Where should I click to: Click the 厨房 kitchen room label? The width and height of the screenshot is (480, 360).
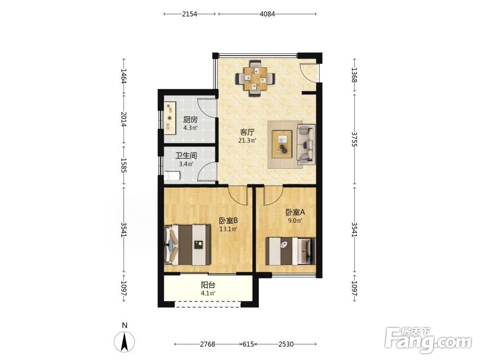pyautogui.click(x=191, y=120)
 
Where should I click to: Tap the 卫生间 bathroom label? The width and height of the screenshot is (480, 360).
pyautogui.click(x=186, y=156)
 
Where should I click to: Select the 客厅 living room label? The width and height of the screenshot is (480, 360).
pyautogui.click(x=247, y=132)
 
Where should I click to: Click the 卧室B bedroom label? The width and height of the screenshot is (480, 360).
pyautogui.click(x=228, y=221)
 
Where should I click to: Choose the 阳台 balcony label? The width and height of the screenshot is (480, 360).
pyautogui.click(x=208, y=285)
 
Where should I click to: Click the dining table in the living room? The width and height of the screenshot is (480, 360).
pyautogui.click(x=255, y=79)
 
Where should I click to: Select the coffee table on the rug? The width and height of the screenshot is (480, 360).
pyautogui.click(x=282, y=144)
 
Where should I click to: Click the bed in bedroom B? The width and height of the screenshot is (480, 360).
pyautogui.click(x=187, y=245)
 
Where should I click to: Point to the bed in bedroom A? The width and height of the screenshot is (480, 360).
pyautogui.click(x=290, y=251)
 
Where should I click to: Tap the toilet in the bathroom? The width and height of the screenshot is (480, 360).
pyautogui.click(x=172, y=176)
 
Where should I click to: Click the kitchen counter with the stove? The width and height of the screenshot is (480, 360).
pyautogui.click(x=169, y=118)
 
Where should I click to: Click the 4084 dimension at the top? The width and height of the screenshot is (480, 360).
pyautogui.click(x=267, y=14)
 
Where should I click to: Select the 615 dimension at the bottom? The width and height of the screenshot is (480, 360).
pyautogui.click(x=248, y=344)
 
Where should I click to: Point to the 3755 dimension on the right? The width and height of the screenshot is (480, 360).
pyautogui.click(x=354, y=139)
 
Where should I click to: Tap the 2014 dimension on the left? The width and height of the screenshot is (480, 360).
pyautogui.click(x=124, y=119)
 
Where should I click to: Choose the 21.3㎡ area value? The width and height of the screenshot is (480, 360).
pyautogui.click(x=247, y=141)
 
